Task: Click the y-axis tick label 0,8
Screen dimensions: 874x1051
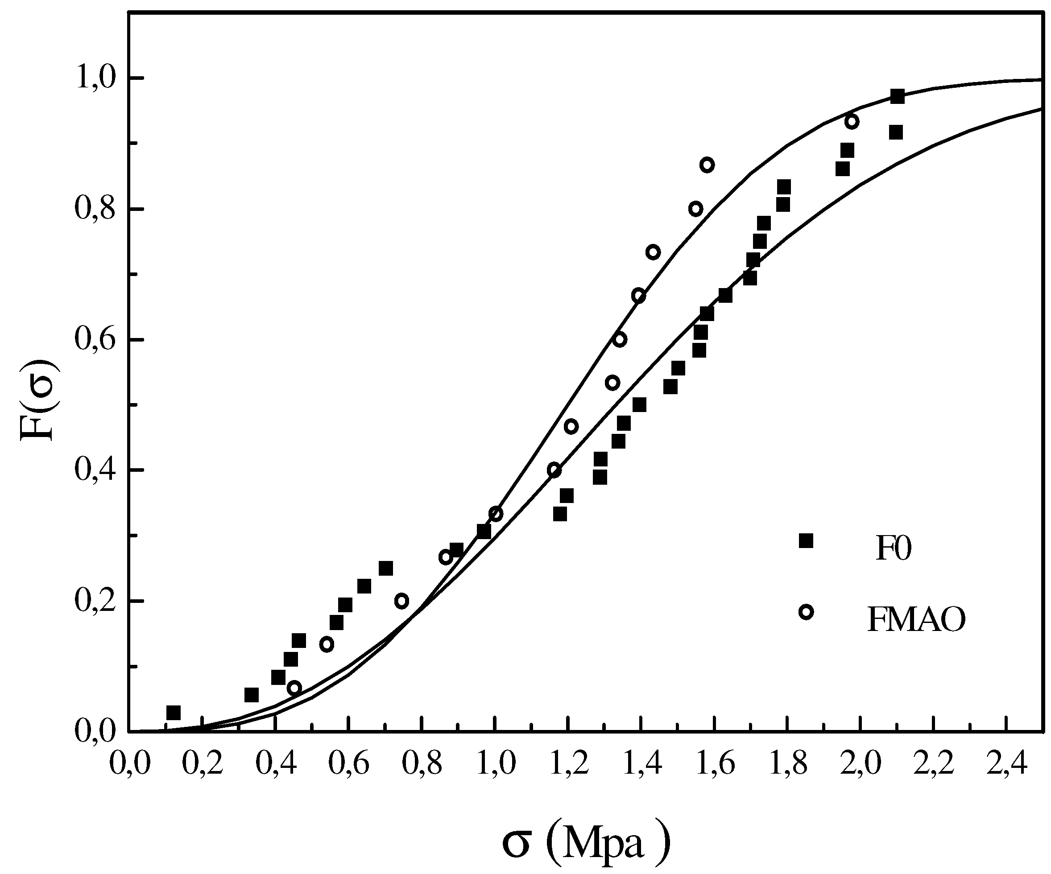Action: [x=95, y=210]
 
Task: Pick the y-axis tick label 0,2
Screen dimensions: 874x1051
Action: [x=95, y=601]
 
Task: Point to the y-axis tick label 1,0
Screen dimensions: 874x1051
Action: [x=95, y=79]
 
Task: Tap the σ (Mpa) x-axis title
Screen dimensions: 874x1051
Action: [x=586, y=844]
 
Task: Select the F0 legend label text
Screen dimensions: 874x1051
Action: [x=894, y=549]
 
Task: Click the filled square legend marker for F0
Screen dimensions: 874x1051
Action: [x=806, y=541]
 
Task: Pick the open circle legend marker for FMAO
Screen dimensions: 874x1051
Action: [x=806, y=612]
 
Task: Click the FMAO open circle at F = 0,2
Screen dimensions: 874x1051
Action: [x=401, y=601]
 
